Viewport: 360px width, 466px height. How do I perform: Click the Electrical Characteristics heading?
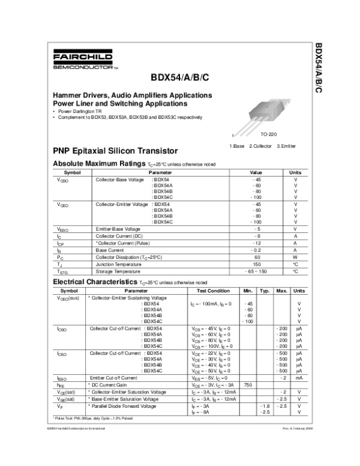(x=95, y=281)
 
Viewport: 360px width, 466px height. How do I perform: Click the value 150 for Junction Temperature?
(x=257, y=264)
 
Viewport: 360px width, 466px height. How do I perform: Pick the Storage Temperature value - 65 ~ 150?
(x=257, y=271)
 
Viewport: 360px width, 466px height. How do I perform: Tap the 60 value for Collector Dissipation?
(x=257, y=257)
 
